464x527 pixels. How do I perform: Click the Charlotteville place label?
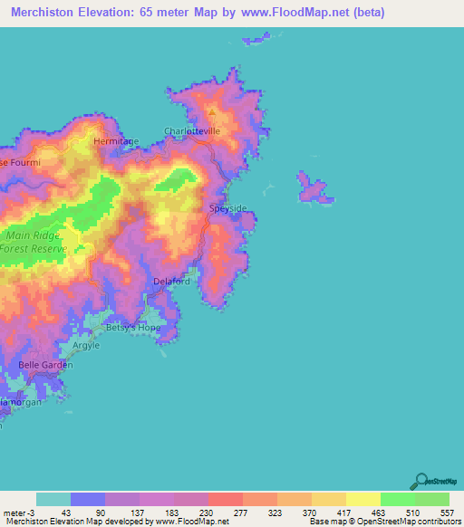coord(192,131)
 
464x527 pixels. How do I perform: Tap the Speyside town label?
coord(227,208)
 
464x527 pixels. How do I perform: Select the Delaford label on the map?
coord(171,282)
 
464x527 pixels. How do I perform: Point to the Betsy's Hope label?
coord(133,328)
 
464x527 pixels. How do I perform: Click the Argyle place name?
coord(86,346)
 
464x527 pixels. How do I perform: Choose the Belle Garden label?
coord(45,365)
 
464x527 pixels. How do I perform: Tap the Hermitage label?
coord(116,142)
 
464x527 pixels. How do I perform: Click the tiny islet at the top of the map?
coord(257,40)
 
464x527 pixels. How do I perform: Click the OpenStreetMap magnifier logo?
coord(421,481)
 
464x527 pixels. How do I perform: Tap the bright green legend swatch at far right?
coord(431,499)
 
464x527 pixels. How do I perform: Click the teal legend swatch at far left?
coord(53,499)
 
